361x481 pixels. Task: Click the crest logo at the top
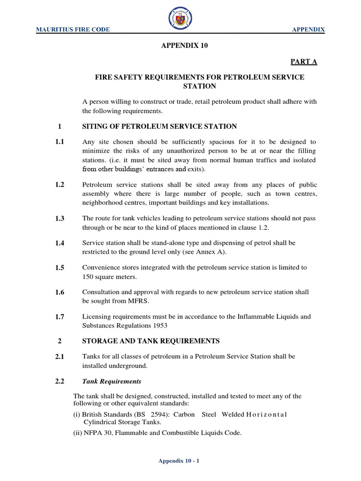[x=180, y=21]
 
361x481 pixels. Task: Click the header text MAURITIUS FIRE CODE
[x=73, y=30]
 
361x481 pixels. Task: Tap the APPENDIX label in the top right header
[x=308, y=30]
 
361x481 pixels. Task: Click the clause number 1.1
[x=59, y=141]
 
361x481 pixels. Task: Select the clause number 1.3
[x=59, y=218]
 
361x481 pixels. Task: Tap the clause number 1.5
[x=59, y=267]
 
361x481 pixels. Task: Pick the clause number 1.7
[x=59, y=317]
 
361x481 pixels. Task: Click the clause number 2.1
[x=59, y=357]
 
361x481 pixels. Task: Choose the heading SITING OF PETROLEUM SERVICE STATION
[x=159, y=126]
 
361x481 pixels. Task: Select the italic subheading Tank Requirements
[x=111, y=381]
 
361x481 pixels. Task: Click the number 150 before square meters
[x=88, y=277]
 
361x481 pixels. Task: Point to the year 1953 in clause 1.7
[x=159, y=326]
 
